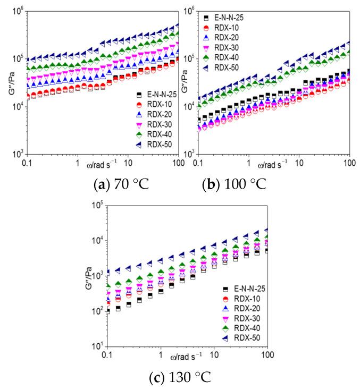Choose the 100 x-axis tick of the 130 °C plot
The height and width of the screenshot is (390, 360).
click(266, 354)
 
